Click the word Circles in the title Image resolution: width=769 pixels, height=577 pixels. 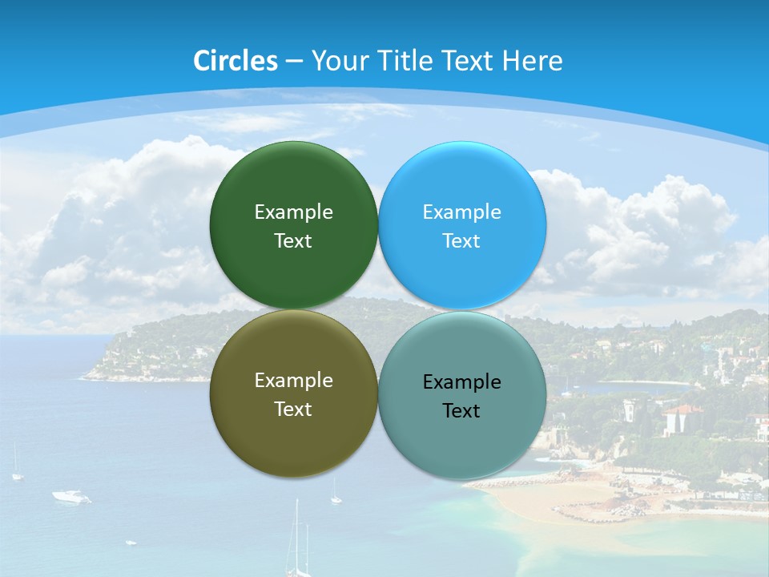pyautogui.click(x=236, y=61)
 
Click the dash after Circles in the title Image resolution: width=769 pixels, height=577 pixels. pyautogui.click(x=294, y=62)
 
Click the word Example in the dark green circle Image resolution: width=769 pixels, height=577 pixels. pyautogui.click(x=293, y=212)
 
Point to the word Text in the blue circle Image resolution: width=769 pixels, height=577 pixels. pyautogui.click(x=461, y=240)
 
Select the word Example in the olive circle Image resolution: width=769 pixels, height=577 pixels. pyautogui.click(x=293, y=380)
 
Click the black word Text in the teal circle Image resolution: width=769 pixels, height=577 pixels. pyautogui.click(x=461, y=410)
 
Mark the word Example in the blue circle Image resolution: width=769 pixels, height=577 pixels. pyautogui.click(x=461, y=212)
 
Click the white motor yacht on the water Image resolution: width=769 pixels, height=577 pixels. pyautogui.click(x=71, y=497)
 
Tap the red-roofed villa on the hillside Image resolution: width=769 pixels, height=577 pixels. pyautogui.click(x=682, y=418)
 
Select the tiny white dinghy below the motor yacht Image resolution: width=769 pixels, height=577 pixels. pyautogui.click(x=131, y=543)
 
